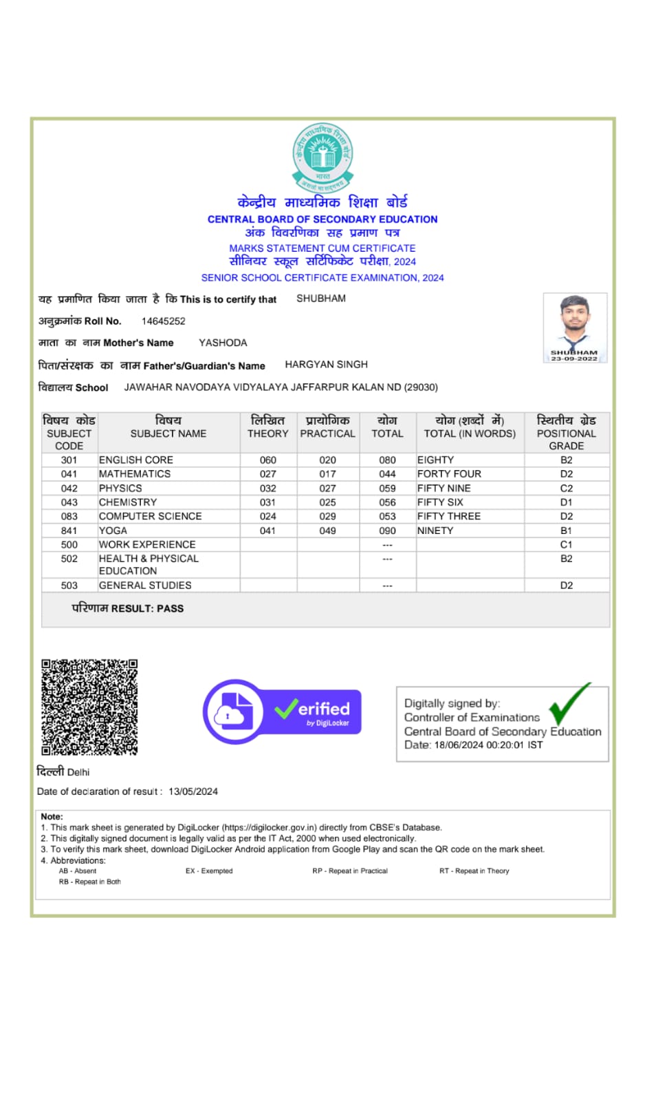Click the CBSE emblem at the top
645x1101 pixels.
tap(322, 157)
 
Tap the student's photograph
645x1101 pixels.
tap(575, 327)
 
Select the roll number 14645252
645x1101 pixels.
tap(163, 321)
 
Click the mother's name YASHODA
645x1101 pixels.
tap(223, 343)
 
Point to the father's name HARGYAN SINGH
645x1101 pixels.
tap(326, 365)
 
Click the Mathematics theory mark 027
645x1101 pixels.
tap(267, 474)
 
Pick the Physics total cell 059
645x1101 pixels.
tap(387, 489)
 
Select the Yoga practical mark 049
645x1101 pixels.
tap(327, 531)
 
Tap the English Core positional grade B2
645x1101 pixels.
tap(566, 460)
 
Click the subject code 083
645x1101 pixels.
tap(69, 517)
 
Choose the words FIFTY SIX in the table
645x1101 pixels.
tap(440, 502)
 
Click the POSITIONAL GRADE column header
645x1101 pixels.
tap(566, 433)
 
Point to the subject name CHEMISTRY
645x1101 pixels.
tap(128, 502)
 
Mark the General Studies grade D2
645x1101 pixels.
tap(566, 586)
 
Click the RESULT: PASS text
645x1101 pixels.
tap(128, 608)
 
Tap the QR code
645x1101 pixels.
tap(89, 707)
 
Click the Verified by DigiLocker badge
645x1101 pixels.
tap(282, 712)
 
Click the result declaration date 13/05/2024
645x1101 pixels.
tap(193, 791)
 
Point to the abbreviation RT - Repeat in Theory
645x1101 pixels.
tap(474, 871)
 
